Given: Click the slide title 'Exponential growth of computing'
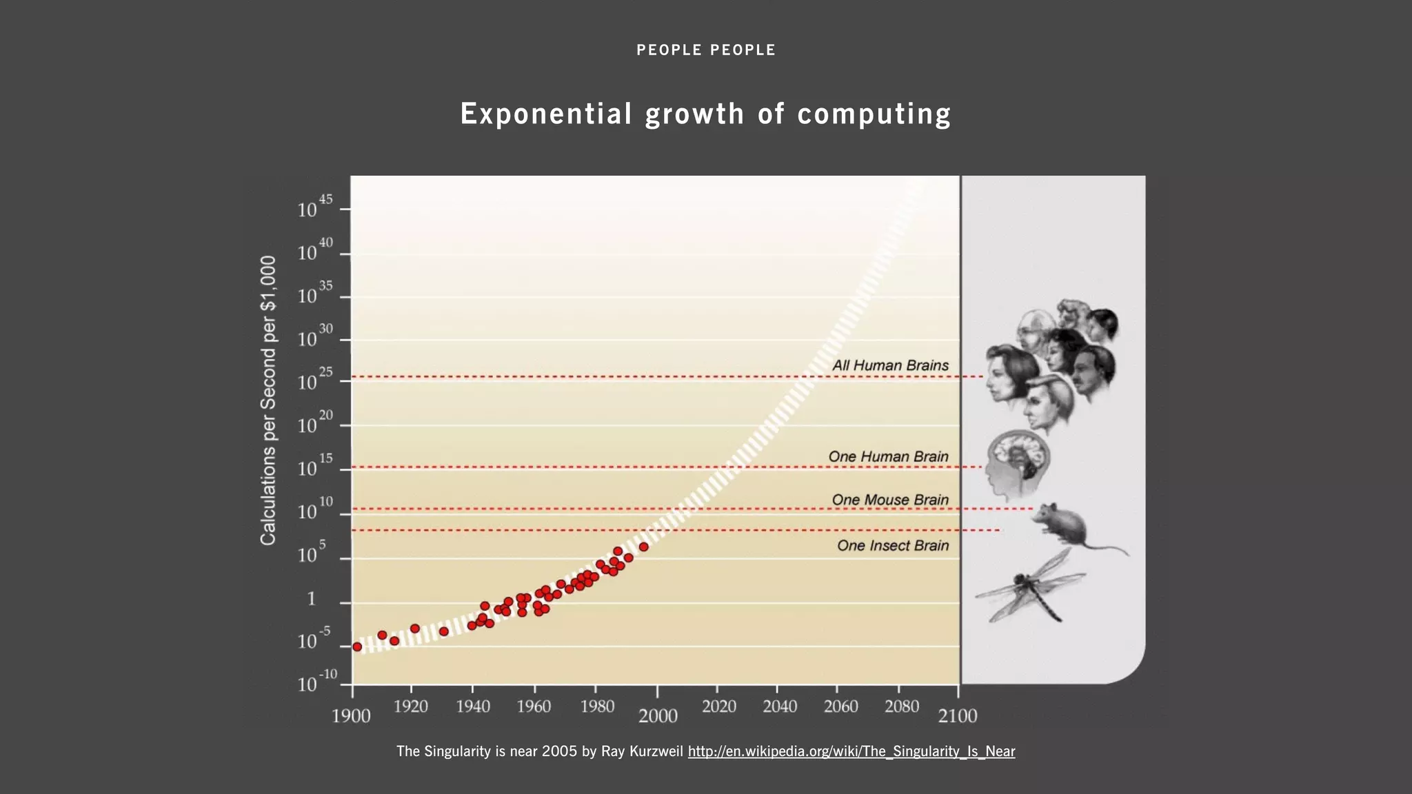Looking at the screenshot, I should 705,114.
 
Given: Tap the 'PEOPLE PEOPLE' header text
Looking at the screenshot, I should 705,50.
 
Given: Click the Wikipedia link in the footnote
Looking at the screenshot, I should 851,751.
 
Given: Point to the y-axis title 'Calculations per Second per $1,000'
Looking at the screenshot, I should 268,400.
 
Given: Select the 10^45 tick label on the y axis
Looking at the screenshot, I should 314,207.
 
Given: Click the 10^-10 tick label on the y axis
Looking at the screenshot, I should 316,682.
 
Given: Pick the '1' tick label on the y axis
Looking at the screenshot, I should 312,599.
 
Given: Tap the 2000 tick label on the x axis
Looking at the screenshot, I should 658,716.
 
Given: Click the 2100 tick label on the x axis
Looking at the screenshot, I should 957,716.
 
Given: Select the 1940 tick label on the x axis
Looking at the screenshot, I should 473,706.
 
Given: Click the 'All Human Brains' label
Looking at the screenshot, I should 890,366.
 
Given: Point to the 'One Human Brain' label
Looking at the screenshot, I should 888,457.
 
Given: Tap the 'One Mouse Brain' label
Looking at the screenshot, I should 889,500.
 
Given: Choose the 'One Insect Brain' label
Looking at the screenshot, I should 892,546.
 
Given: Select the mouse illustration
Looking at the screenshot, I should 1065,525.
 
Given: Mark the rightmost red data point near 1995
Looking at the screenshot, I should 643,547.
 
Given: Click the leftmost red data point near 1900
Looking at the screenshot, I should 357,647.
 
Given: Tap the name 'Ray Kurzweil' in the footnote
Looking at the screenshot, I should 641,751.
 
